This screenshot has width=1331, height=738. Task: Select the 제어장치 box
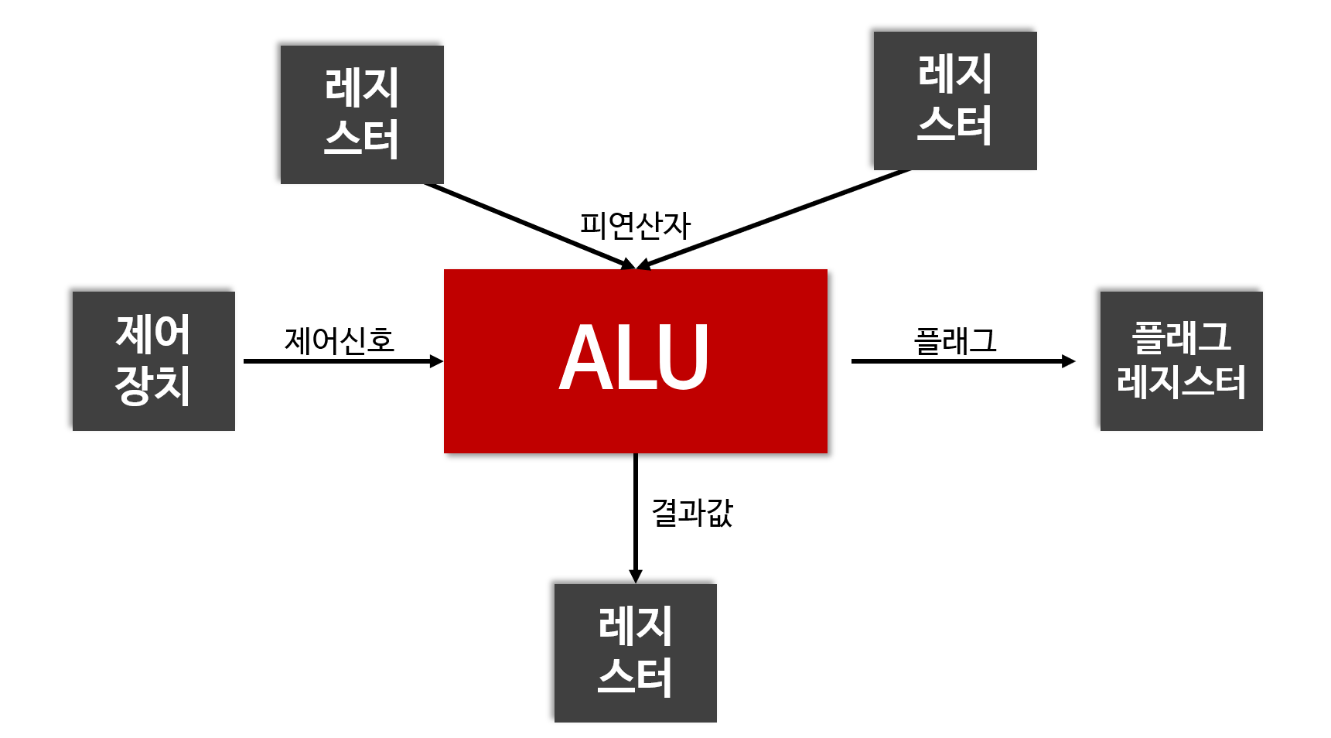coord(153,360)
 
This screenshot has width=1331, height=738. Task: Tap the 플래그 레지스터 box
coord(1181,360)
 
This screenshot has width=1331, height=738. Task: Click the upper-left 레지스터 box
coord(361,114)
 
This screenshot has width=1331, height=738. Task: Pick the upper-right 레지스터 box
coord(954,101)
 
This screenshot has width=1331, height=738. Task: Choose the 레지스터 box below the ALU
coord(635,653)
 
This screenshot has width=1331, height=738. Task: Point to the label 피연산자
coord(635,226)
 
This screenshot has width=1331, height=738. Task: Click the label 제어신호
coord(340,340)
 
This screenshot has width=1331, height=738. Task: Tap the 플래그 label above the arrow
coord(955,340)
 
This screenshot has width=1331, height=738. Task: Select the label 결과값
coord(692,512)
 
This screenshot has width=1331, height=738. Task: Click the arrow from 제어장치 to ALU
coord(340,361)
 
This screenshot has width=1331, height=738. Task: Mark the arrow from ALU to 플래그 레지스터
coord(959,361)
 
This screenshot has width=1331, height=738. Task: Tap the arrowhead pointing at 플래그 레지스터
coord(1068,361)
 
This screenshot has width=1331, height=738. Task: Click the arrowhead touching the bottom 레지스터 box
coord(635,576)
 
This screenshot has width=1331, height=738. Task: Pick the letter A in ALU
coord(586,358)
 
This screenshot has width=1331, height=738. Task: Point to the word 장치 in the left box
coord(153,384)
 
